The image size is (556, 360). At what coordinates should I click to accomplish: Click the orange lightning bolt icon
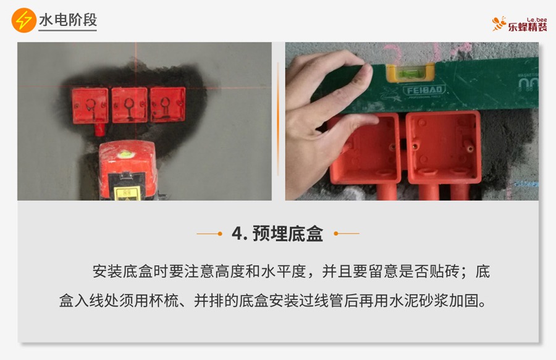click(x=23, y=20)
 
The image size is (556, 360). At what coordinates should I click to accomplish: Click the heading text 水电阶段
click(x=68, y=20)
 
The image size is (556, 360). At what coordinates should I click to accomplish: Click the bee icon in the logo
click(x=499, y=23)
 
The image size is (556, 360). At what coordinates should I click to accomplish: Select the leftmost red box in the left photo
click(x=90, y=106)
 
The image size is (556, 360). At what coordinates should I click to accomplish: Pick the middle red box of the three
click(x=130, y=105)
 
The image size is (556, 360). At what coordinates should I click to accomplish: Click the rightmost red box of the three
click(x=167, y=104)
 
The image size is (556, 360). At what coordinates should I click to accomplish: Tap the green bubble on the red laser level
click(x=124, y=154)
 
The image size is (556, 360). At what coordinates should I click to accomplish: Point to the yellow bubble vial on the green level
click(x=411, y=73)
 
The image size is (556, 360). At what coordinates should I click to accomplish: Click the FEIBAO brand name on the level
click(x=424, y=90)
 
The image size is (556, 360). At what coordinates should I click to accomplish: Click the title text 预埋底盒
click(x=287, y=233)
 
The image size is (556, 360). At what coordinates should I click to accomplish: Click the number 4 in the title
click(x=237, y=233)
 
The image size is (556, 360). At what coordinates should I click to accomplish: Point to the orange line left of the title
click(x=209, y=233)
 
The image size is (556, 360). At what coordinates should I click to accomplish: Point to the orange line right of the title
click(x=347, y=233)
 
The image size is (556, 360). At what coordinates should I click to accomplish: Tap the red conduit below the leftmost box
click(x=99, y=129)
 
